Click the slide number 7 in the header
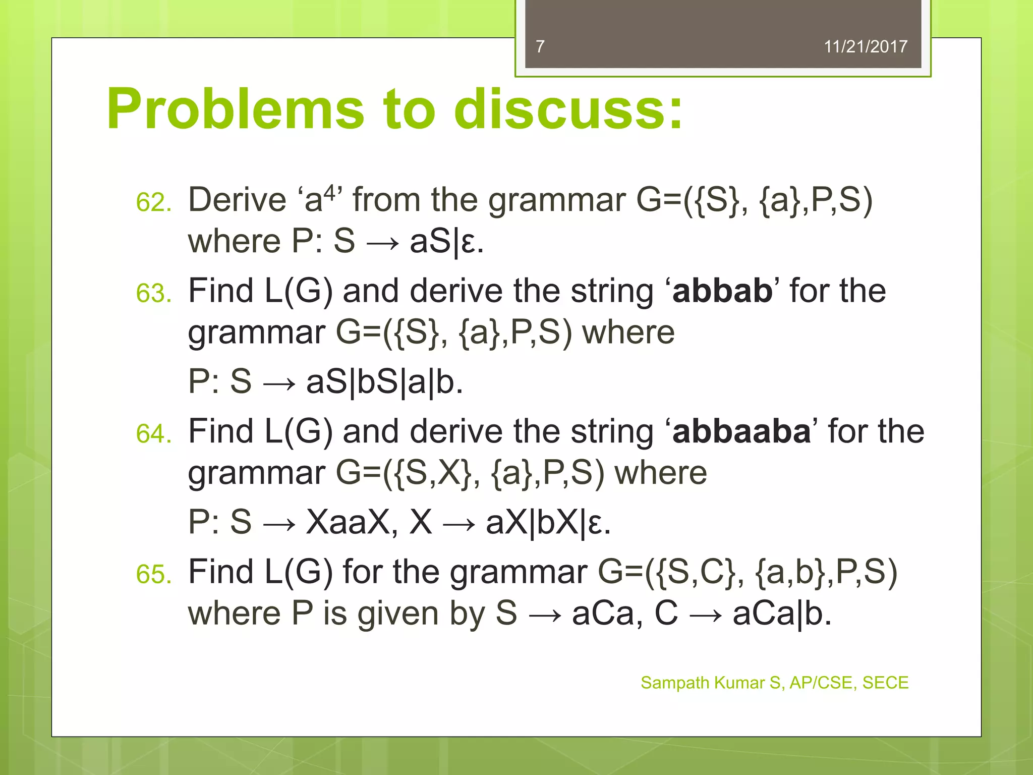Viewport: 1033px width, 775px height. pos(540,46)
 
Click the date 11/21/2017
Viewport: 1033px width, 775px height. pos(866,46)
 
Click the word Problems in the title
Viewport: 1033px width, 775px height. pos(235,109)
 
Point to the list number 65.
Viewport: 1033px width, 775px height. pos(153,575)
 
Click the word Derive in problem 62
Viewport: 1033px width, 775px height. pos(237,200)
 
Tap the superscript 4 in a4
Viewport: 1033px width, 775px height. pos(329,192)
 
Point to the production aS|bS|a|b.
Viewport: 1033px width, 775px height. pos(384,382)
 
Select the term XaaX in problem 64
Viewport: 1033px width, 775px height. pos(352,522)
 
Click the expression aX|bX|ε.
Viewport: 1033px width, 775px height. pos(548,522)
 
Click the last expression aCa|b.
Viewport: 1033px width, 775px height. pos(781,614)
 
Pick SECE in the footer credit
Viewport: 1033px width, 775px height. pos(885,683)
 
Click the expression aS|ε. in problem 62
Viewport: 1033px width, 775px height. pos(446,242)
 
